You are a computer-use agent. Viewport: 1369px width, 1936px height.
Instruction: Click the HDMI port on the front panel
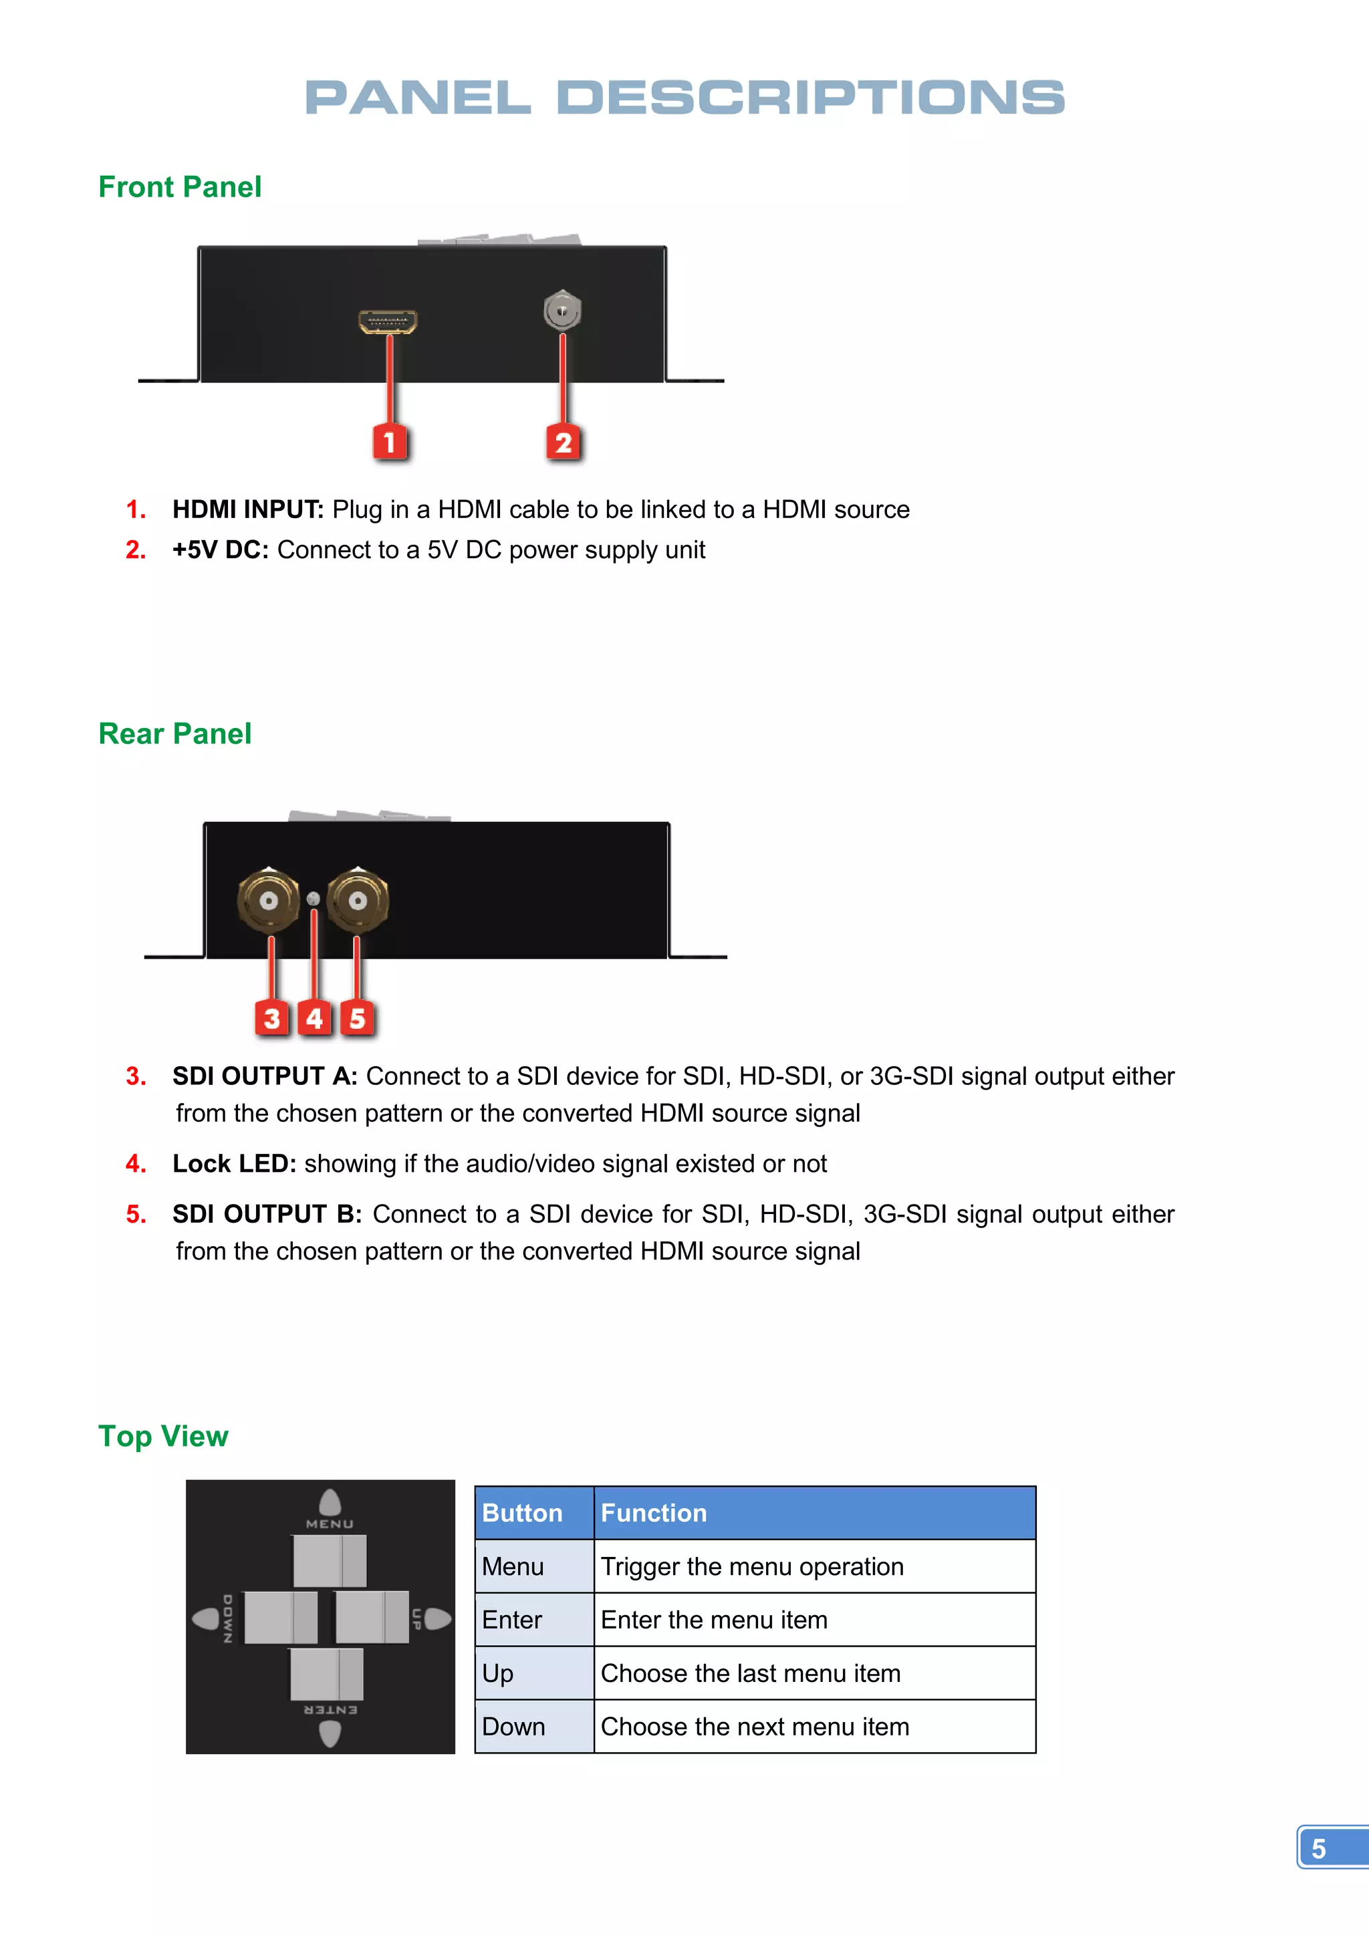click(x=387, y=322)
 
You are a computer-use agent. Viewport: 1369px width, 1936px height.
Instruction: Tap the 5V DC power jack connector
click(x=562, y=311)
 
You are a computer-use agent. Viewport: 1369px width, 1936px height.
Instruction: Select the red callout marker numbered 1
click(x=390, y=442)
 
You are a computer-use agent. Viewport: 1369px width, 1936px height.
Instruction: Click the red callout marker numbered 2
click(x=563, y=442)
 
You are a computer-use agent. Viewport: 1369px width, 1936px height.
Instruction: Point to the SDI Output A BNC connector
click(x=268, y=900)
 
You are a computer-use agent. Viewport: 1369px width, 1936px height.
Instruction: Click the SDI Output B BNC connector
click(x=358, y=900)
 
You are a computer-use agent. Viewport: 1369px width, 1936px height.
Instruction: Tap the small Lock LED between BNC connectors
click(x=313, y=899)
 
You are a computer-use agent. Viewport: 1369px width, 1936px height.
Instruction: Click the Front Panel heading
click(x=180, y=187)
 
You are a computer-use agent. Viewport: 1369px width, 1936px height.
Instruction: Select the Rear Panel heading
click(x=174, y=733)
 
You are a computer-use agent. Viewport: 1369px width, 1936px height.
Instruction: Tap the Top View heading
click(x=162, y=1436)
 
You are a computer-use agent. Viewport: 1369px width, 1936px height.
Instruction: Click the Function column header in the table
click(x=653, y=1513)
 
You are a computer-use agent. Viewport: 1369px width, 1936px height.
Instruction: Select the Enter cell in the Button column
click(x=511, y=1620)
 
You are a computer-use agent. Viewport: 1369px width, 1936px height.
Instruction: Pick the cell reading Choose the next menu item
click(x=755, y=1727)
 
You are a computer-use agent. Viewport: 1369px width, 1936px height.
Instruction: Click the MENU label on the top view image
click(x=330, y=1524)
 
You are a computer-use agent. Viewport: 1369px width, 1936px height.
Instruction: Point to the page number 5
click(x=1318, y=1848)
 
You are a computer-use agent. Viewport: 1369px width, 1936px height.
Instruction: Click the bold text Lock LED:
click(x=233, y=1164)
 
